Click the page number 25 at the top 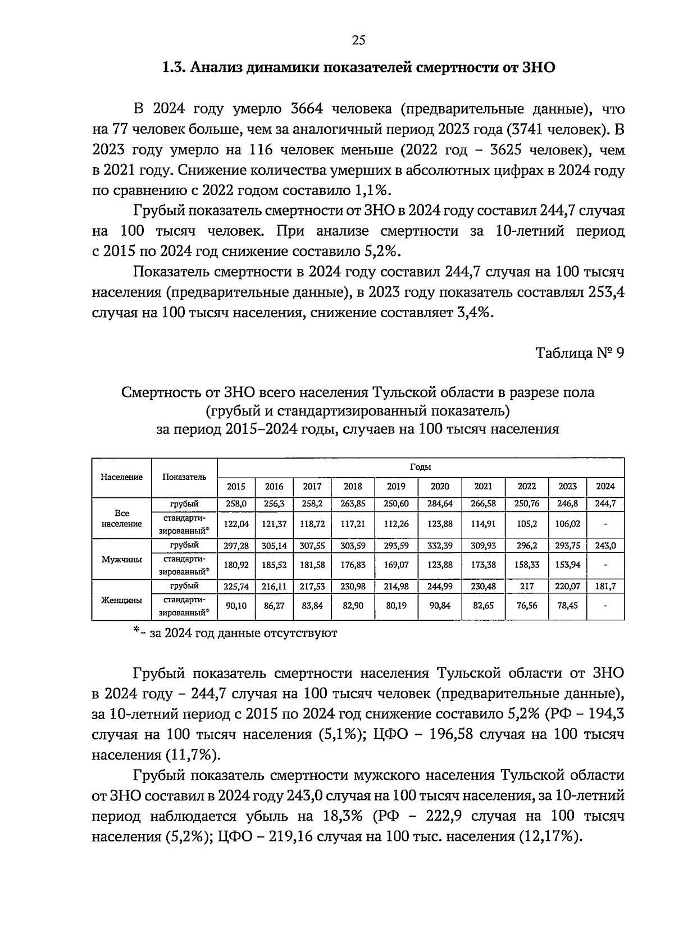(x=358, y=40)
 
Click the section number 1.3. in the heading (x=175, y=68)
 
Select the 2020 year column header (x=440, y=487)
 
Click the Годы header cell (x=420, y=468)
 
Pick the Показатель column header (x=184, y=477)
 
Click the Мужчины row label (x=121, y=560)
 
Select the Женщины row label (x=121, y=600)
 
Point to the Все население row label (x=121, y=519)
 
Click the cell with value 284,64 (x=440, y=504)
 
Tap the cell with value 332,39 (x=440, y=545)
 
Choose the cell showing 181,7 (x=605, y=586)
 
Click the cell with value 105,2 (x=526, y=524)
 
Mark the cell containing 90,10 (x=235, y=606)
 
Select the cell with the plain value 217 (x=526, y=586)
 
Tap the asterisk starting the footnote (x=136, y=631)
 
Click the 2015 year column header (x=235, y=487)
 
